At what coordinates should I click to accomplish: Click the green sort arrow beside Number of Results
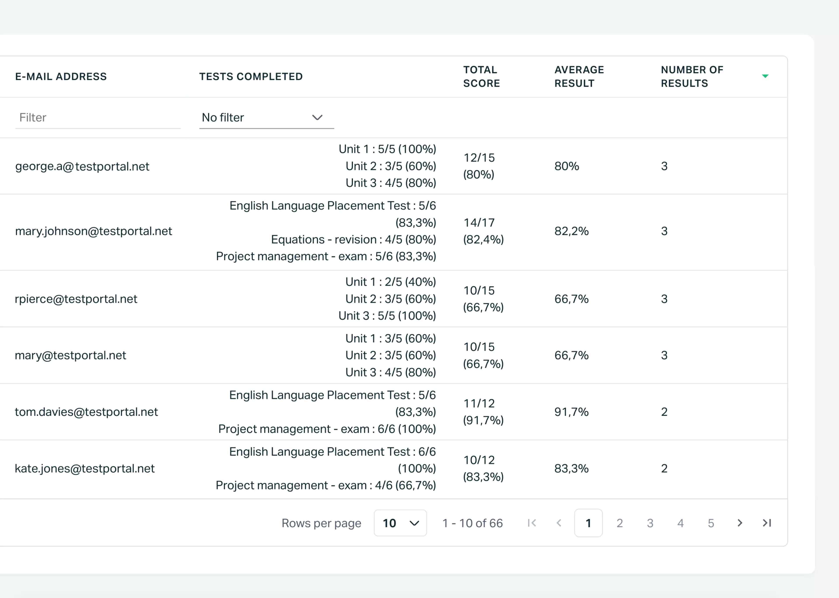click(x=765, y=76)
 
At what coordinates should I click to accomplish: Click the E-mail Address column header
click(x=61, y=77)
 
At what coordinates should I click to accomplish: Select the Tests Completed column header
click(x=251, y=77)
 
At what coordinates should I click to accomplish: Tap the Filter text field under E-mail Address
click(x=98, y=118)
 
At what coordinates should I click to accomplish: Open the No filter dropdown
click(x=266, y=118)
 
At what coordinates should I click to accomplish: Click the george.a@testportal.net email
click(x=82, y=166)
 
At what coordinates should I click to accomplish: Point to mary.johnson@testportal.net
click(x=94, y=231)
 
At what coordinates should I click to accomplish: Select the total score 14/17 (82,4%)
click(x=483, y=231)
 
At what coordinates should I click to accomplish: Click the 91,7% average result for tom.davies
click(x=571, y=412)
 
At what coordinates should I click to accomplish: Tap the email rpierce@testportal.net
click(x=76, y=299)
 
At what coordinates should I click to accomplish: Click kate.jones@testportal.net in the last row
click(x=85, y=468)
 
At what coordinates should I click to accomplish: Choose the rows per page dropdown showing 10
click(x=400, y=523)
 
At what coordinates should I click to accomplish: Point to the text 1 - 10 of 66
click(x=472, y=523)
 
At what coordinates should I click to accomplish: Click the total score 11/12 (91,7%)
click(x=483, y=412)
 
